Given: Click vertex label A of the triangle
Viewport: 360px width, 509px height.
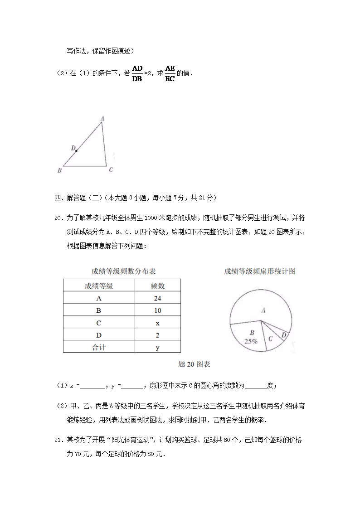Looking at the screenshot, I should (x=102, y=119).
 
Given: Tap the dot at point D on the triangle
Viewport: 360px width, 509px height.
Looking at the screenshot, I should (x=76, y=150).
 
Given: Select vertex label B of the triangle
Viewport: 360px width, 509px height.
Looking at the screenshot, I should (x=59, y=170).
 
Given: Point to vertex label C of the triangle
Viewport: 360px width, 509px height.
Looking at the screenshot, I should (x=111, y=170).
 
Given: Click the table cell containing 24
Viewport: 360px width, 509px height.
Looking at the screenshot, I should (x=157, y=298).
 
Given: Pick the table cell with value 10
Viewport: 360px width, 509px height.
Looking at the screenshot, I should (x=157, y=310).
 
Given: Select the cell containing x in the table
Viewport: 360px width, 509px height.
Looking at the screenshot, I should (x=157, y=323).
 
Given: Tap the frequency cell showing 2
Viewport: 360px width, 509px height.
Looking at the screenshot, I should (x=157, y=335).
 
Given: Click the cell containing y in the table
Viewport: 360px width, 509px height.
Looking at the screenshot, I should (x=157, y=348).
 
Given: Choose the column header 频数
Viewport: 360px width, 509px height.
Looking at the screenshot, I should (x=157, y=286).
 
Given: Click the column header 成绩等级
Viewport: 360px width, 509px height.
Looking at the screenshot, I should (x=99, y=286).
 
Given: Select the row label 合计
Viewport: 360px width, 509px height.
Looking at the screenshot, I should (x=99, y=348).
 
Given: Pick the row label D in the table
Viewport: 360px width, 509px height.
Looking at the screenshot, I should (x=99, y=335).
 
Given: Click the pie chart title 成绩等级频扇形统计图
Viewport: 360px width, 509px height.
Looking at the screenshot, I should (x=260, y=271).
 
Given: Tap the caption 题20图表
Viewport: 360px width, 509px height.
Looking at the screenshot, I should (x=195, y=364).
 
